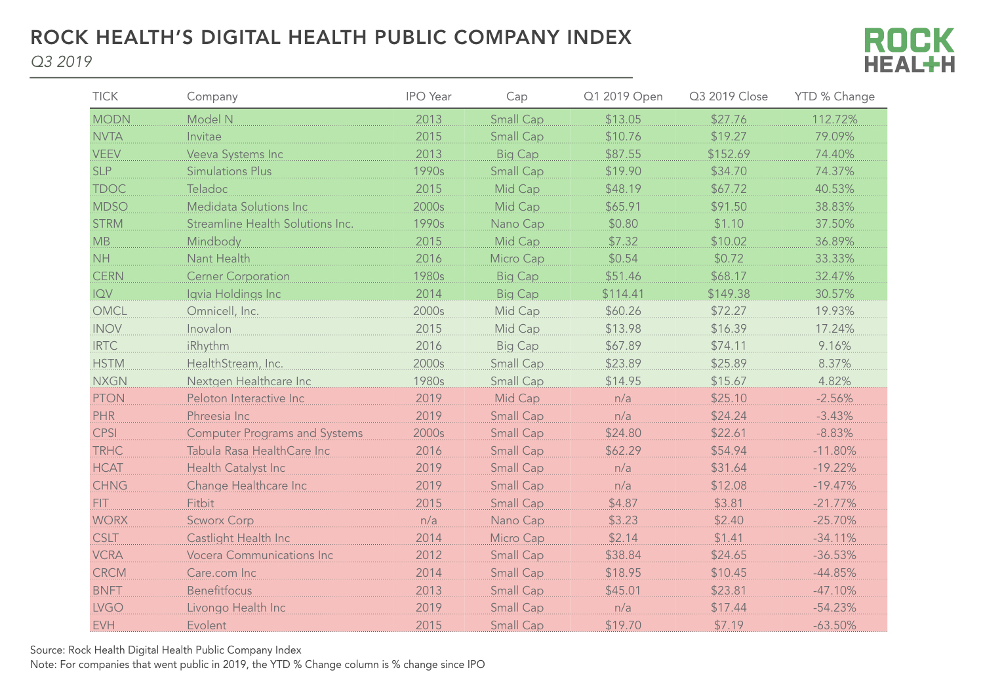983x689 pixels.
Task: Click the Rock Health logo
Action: [x=909, y=50]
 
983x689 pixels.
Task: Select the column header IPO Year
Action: [x=428, y=96]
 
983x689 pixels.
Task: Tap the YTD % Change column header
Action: [x=834, y=96]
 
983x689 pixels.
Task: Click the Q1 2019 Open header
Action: [x=623, y=96]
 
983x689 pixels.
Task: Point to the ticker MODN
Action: [x=111, y=119]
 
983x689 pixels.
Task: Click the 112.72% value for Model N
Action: [x=834, y=119]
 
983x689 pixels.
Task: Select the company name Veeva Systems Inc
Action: [x=235, y=154]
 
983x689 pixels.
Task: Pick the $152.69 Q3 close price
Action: [x=728, y=154]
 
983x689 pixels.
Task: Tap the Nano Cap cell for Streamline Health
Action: [x=517, y=224]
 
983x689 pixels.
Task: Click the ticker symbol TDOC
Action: [x=109, y=189]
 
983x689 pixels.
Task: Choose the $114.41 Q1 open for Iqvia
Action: [x=622, y=294]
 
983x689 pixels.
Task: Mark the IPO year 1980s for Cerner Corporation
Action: [x=428, y=276]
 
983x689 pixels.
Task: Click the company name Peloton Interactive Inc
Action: [x=245, y=398]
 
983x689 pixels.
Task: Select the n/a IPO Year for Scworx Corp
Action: [x=428, y=520]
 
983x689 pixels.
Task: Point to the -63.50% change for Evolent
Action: [x=834, y=625]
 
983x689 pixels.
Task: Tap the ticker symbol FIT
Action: [x=100, y=503]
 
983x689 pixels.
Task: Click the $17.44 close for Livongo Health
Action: [x=728, y=608]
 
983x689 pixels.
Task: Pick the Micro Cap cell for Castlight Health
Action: [x=517, y=538]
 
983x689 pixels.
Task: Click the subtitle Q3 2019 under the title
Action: [x=61, y=62]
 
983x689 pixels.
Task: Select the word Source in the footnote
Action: [x=47, y=650]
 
